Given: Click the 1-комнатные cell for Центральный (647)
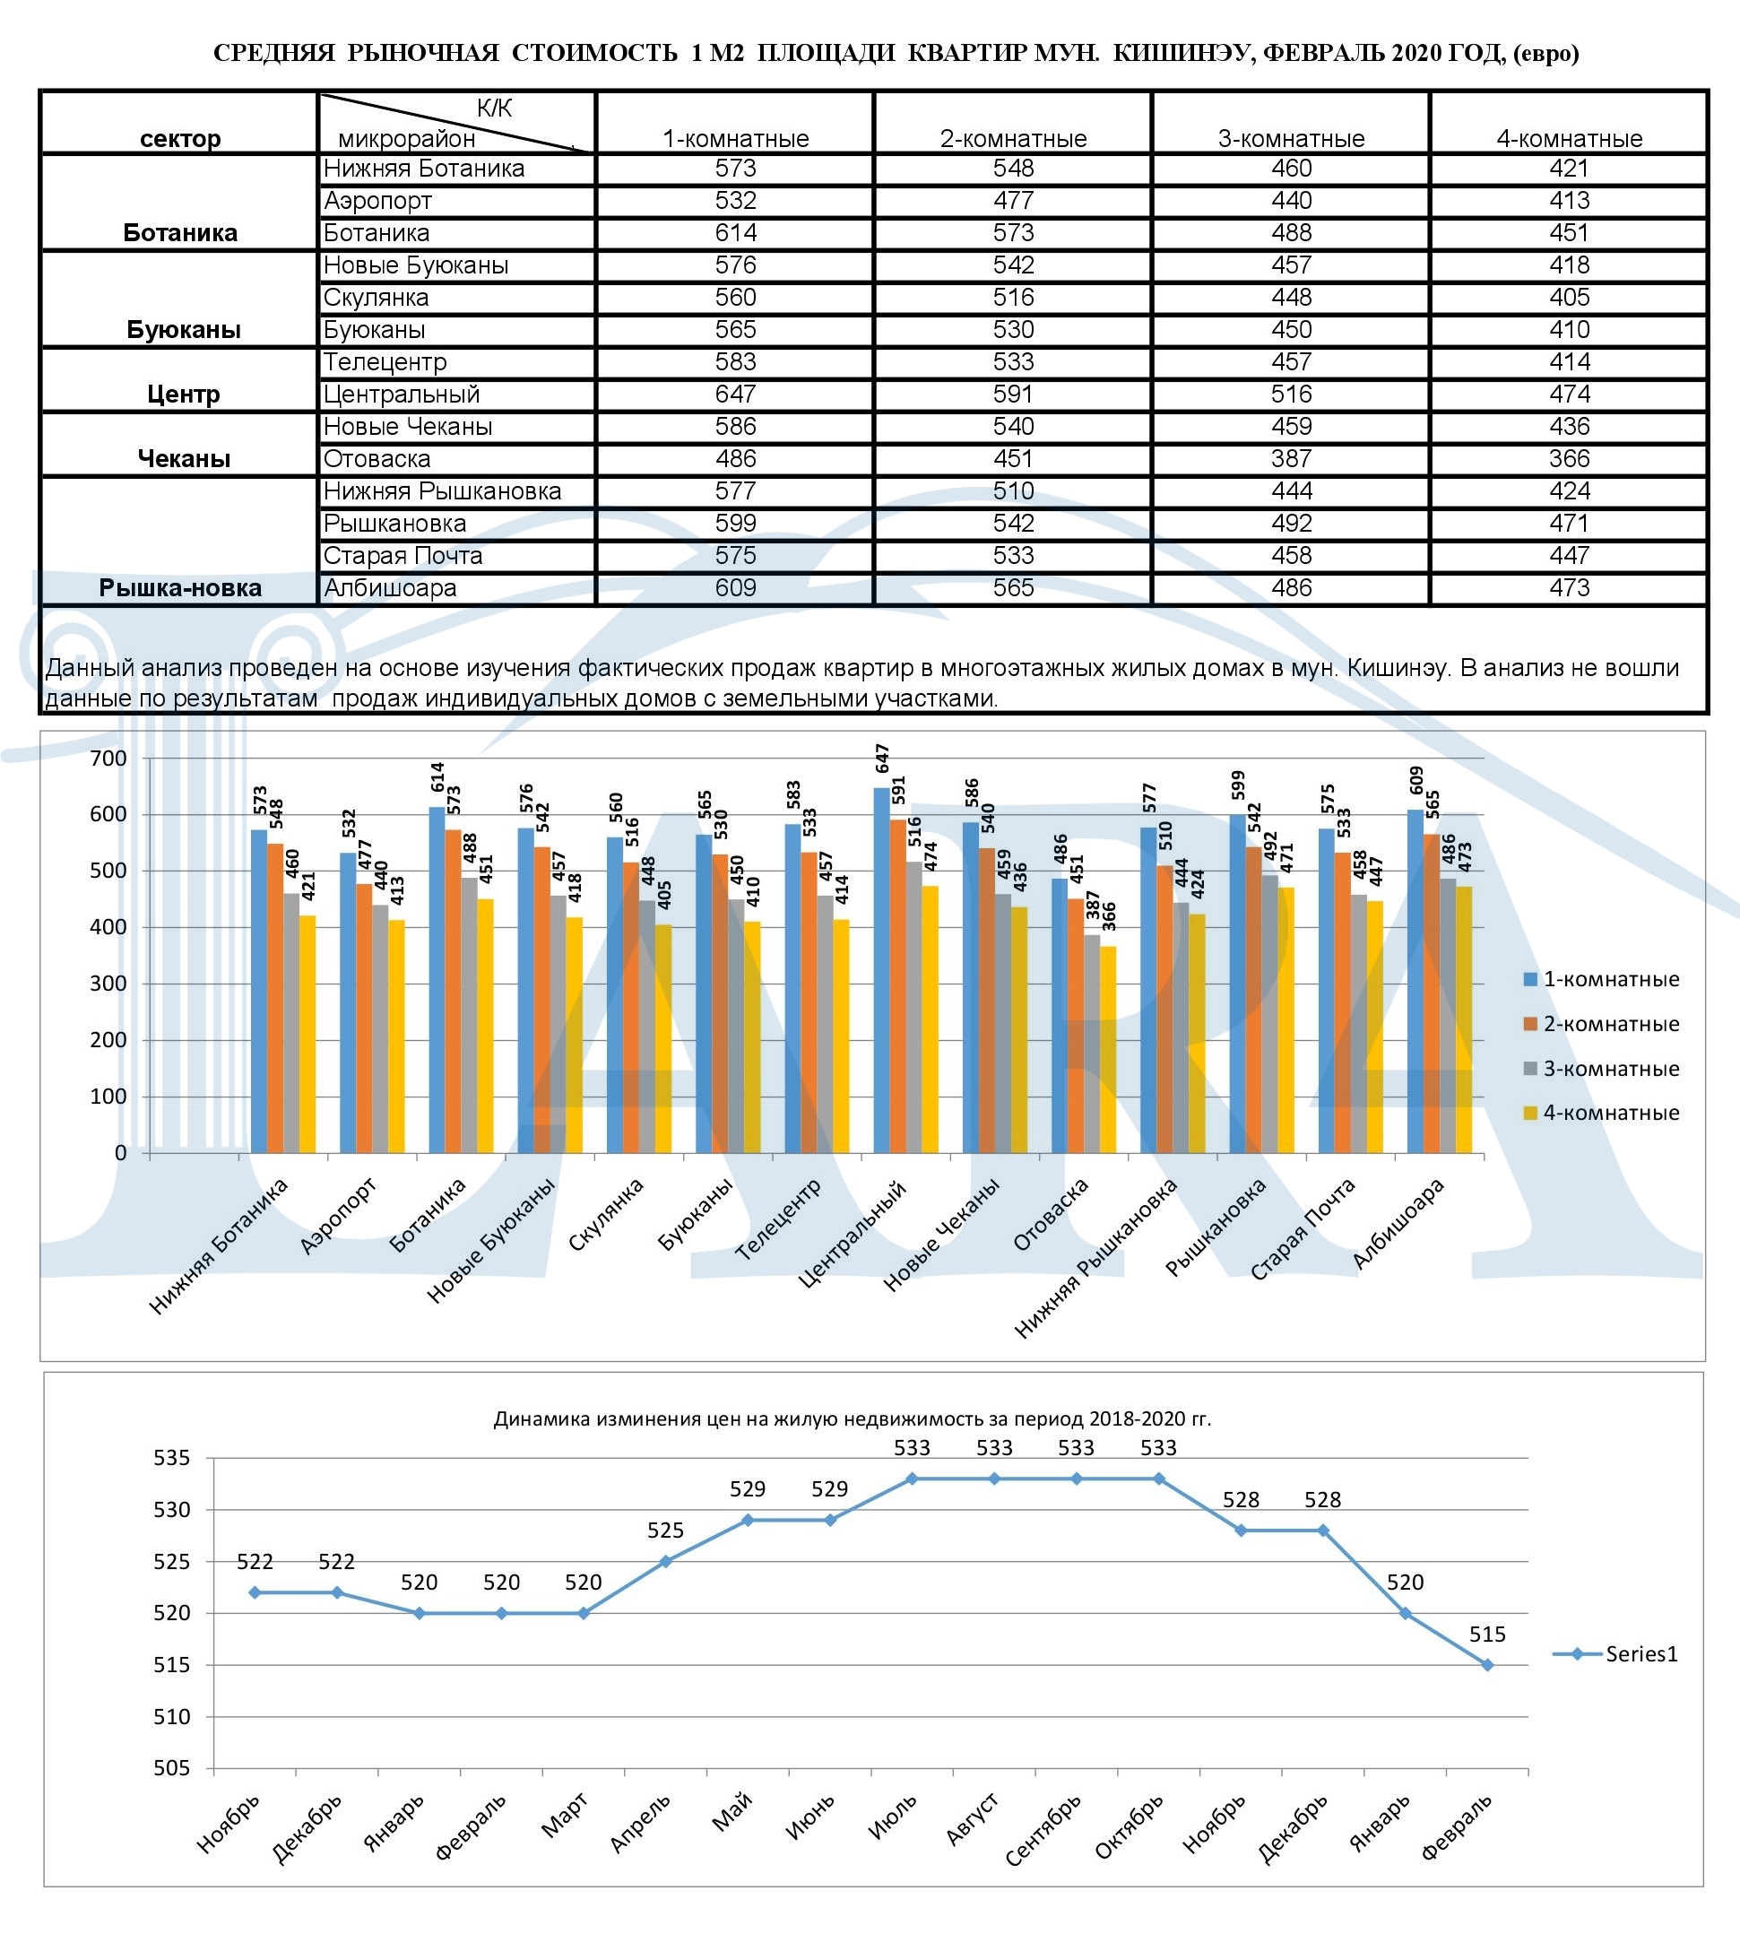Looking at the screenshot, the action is tap(735, 394).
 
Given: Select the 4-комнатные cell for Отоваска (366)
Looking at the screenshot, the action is tap(1569, 459).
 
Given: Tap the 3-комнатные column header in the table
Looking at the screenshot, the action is tap(1291, 139).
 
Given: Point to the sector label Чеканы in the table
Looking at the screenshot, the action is tap(184, 459).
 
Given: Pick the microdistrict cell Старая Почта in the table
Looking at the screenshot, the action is tap(403, 555).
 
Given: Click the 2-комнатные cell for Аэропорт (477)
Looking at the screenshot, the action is tap(1013, 201).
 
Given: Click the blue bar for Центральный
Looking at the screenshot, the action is tap(881, 970).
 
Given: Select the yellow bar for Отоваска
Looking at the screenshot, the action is tap(1108, 1050).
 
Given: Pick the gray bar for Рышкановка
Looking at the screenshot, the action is tap(1269, 1014).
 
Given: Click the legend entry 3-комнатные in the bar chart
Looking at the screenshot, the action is tap(1601, 1069).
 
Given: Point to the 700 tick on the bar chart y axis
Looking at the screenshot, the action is tap(108, 759).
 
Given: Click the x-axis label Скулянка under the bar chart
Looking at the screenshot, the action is tap(605, 1215).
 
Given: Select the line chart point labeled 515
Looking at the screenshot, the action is tap(1487, 1664).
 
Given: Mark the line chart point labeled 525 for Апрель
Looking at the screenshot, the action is tap(665, 1561).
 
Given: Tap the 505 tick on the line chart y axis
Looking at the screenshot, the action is tap(172, 1767).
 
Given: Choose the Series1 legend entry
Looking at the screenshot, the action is tap(1614, 1654).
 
